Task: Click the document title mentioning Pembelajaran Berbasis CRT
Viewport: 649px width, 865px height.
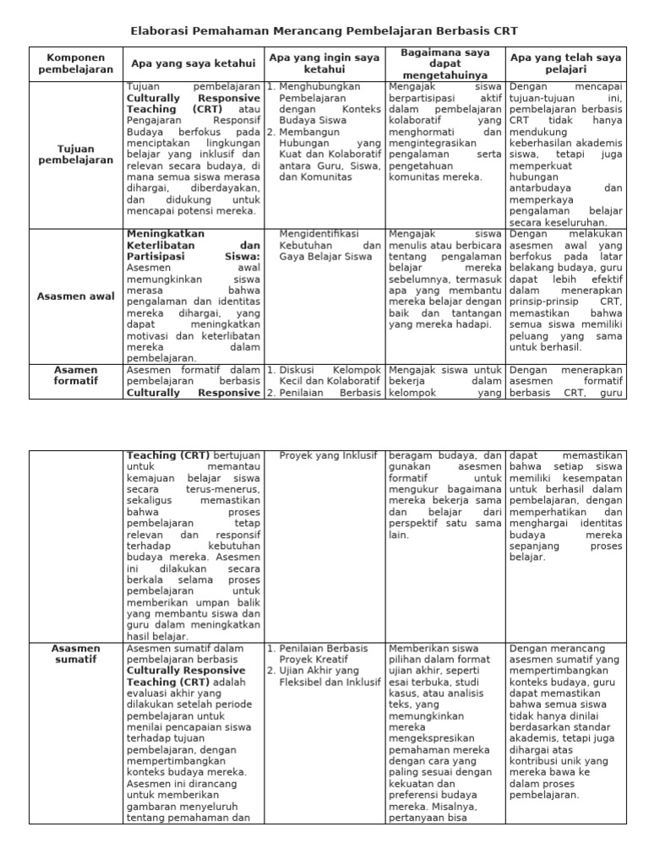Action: (324, 31)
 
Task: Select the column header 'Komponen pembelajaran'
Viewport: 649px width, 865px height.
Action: (75, 63)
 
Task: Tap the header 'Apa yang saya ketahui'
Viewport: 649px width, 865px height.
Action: (193, 63)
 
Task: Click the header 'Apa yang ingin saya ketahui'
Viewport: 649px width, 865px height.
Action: (324, 63)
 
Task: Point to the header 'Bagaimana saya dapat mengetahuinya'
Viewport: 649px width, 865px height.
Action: (444, 63)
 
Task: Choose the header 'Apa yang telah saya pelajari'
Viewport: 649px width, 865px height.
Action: (565, 63)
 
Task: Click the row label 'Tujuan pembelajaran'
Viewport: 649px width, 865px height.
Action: (75, 153)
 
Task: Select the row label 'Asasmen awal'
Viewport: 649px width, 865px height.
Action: (75, 296)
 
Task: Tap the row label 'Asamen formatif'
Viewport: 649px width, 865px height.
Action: (75, 375)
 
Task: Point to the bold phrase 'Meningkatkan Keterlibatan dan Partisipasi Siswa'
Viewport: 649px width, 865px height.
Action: (193, 245)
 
